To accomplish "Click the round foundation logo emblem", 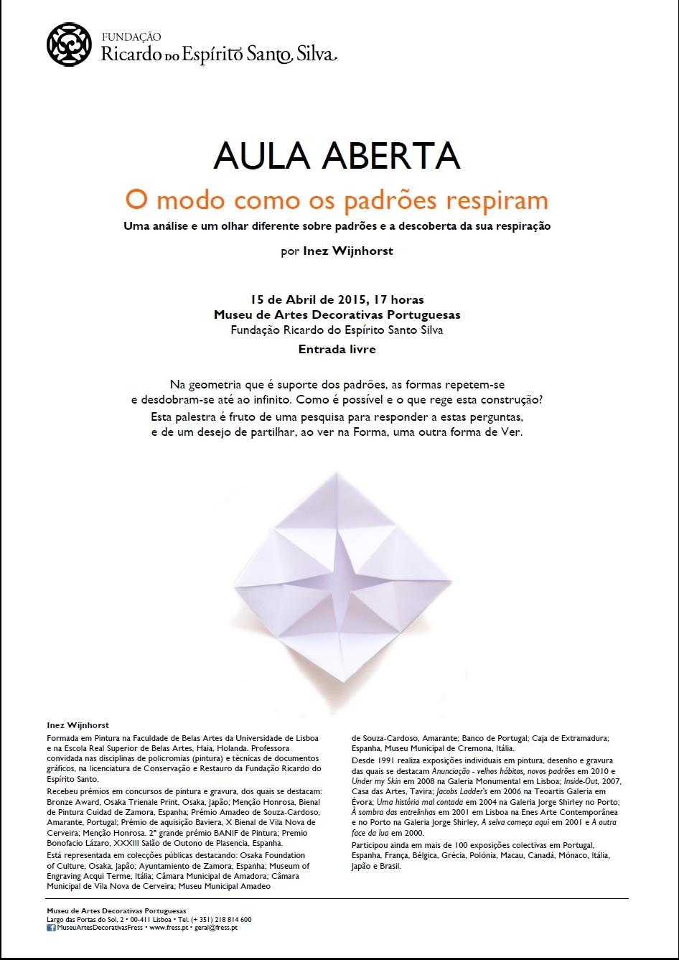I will (x=69, y=45).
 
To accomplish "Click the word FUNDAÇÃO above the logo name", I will (x=131, y=35).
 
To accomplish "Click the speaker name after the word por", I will (x=347, y=252).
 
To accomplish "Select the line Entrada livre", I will (x=337, y=350).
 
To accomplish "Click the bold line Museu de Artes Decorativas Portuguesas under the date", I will (x=337, y=314).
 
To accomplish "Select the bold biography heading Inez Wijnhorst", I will (x=78, y=725).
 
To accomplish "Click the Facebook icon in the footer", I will (x=51, y=928).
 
